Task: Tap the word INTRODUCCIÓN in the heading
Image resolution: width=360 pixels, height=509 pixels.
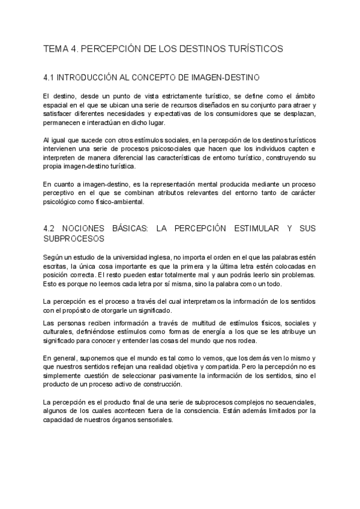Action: pyautogui.click(x=90, y=77)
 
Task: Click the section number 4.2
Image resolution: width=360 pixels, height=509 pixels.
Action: pyautogui.click(x=50, y=229)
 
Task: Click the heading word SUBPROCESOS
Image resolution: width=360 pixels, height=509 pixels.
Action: pyautogui.click(x=74, y=238)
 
